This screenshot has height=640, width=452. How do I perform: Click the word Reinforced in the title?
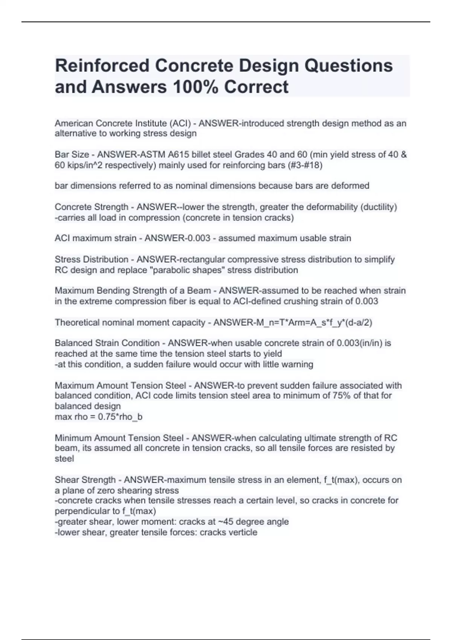pos(102,66)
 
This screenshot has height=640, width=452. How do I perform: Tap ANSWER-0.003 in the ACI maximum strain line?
pos(177,238)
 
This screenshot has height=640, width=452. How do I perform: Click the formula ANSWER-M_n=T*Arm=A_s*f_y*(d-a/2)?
pos(293,322)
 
